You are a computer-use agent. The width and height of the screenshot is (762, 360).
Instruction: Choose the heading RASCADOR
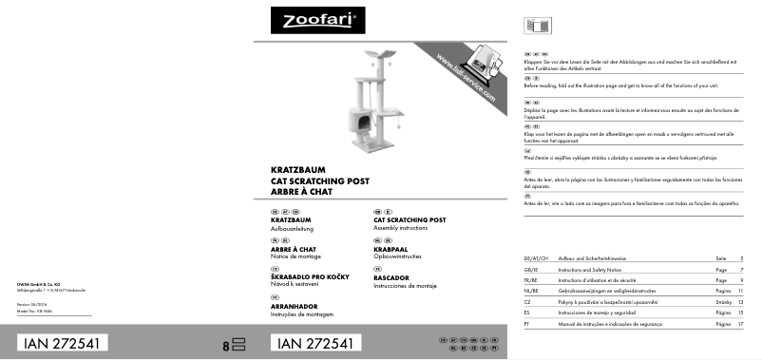coord(391,277)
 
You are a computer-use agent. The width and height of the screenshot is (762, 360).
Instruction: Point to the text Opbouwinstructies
coord(403,257)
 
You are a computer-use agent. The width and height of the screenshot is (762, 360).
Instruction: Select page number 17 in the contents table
coord(741,324)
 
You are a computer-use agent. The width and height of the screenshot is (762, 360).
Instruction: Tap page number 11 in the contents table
coord(741,291)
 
